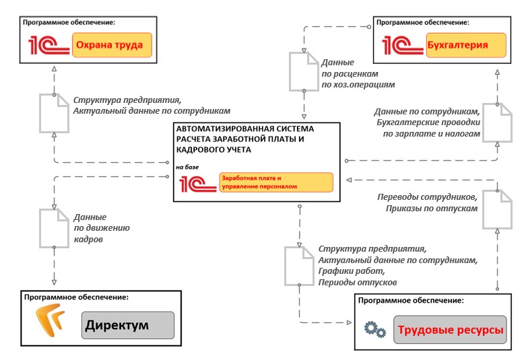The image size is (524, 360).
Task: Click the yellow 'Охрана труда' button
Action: click(x=111, y=46)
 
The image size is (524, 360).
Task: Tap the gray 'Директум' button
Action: click(x=127, y=327)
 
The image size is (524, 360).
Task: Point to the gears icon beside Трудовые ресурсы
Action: click(x=374, y=329)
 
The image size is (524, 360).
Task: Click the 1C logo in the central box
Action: click(x=197, y=182)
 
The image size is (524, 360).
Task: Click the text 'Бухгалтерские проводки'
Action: click(x=427, y=122)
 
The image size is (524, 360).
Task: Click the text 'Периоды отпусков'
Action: click(x=358, y=283)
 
